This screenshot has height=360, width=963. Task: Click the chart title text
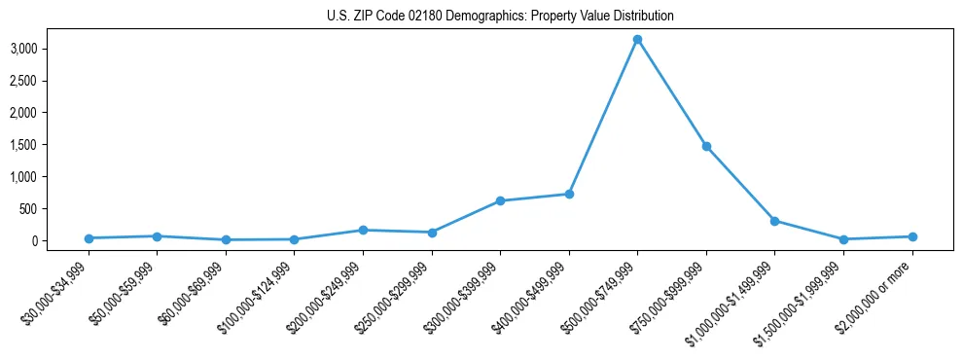pyautogui.click(x=499, y=17)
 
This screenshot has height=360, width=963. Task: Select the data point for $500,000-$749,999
pyautogui.click(x=637, y=40)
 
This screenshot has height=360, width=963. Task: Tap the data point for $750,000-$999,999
pyautogui.click(x=706, y=146)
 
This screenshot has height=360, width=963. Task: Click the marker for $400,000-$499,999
pyautogui.click(x=569, y=195)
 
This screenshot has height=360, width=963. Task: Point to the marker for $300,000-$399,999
pyautogui.click(x=500, y=200)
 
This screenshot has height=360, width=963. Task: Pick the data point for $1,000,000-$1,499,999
pyautogui.click(x=774, y=221)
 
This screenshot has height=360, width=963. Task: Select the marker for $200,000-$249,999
pyautogui.click(x=363, y=231)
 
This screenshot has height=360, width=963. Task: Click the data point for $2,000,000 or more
pyautogui.click(x=912, y=236)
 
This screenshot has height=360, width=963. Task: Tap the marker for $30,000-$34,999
pyautogui.click(x=89, y=238)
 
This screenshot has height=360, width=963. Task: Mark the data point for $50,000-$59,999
pyautogui.click(x=157, y=236)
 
